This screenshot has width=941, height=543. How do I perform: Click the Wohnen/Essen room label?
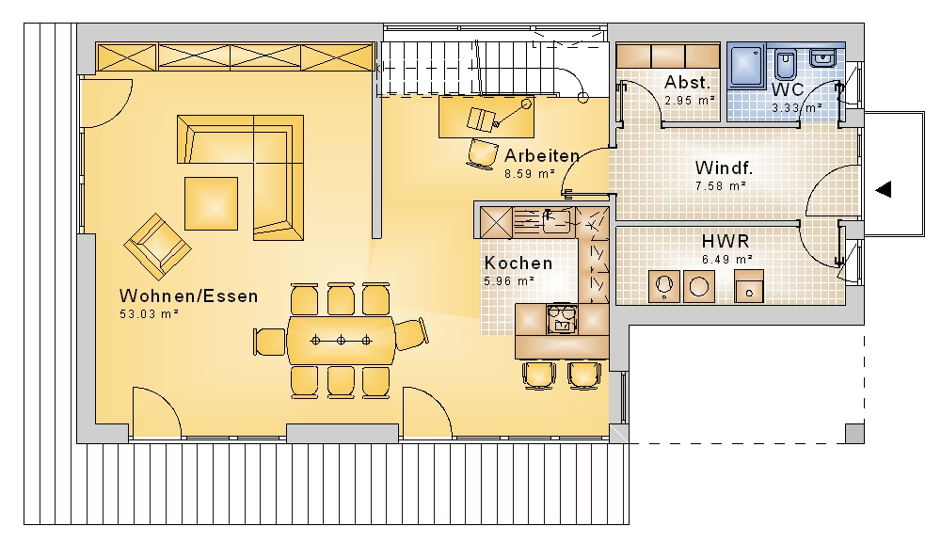[188, 295]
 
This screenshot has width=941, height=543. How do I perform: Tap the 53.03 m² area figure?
[149, 313]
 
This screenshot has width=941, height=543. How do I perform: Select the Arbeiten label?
[542, 156]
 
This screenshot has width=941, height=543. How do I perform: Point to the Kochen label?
[518, 263]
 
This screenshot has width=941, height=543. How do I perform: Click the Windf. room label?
[723, 168]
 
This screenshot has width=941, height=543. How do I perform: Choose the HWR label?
[726, 241]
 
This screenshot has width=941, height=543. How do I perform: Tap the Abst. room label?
[687, 82]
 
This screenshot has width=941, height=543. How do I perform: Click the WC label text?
[788, 90]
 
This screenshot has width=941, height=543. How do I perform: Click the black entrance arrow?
[883, 189]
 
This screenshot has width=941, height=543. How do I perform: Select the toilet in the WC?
[785, 64]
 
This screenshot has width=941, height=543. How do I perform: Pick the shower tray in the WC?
[746, 66]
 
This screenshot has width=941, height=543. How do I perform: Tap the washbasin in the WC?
[821, 58]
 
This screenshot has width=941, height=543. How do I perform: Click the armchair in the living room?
[157, 247]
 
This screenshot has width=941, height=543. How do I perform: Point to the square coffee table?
[211, 203]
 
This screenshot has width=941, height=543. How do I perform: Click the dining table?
[341, 341]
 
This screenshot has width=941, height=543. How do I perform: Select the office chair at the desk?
[482, 153]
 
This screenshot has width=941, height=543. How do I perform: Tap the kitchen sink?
[556, 221]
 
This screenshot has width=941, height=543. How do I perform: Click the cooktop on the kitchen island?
[563, 319]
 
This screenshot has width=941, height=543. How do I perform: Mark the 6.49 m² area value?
[726, 260]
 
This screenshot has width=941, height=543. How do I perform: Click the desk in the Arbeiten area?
[486, 117]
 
